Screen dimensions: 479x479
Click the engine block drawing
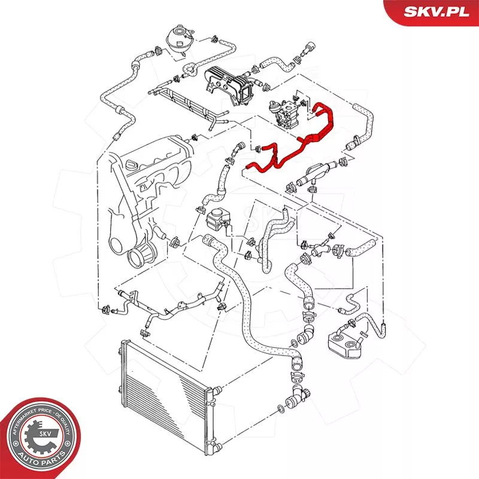click(150, 180)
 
